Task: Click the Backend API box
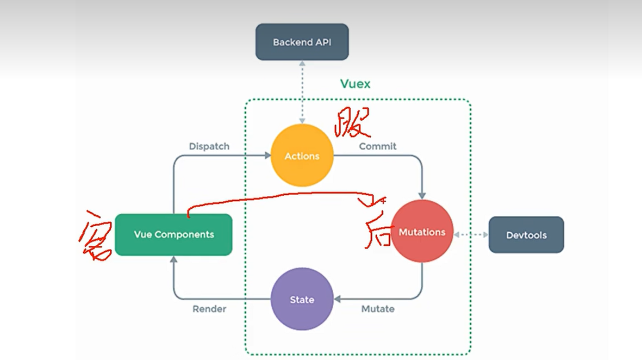coord(302,42)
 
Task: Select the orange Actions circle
coord(302,156)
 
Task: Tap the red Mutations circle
coord(422,232)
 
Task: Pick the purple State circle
coord(302,299)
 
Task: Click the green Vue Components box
coord(173,234)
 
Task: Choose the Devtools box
coord(526,235)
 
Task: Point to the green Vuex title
coord(355,84)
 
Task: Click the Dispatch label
coord(209,146)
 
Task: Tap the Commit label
coord(377,146)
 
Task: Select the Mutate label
coord(378,309)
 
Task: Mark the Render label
coord(209,309)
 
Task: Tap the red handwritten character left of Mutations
coord(375,223)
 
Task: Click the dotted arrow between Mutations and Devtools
coord(471,235)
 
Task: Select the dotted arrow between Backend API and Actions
coord(302,92)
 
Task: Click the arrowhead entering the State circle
coord(338,299)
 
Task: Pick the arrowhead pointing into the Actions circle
coord(267,156)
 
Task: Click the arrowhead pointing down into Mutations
coord(422,196)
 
